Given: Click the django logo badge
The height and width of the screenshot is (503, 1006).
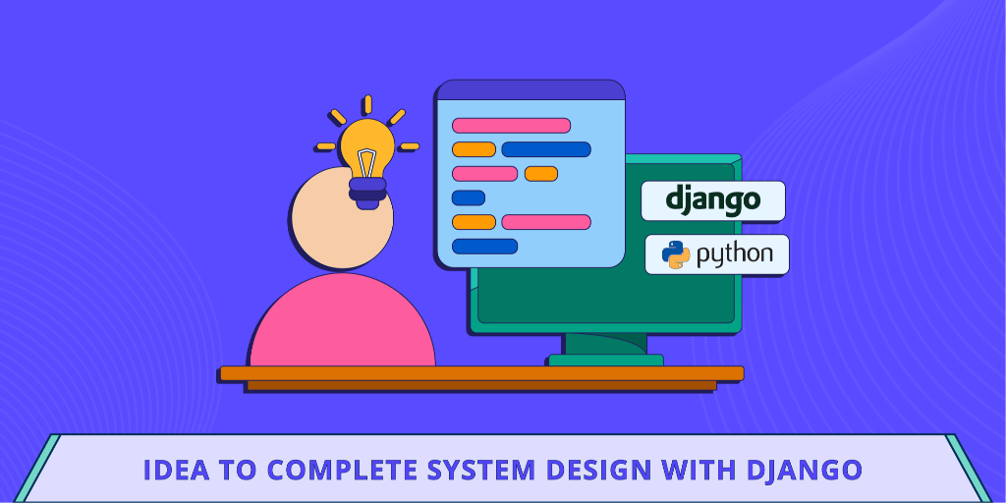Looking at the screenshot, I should [712, 200].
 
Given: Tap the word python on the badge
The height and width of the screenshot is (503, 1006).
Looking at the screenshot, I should [734, 255].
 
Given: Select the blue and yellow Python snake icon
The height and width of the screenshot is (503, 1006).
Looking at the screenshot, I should [676, 254].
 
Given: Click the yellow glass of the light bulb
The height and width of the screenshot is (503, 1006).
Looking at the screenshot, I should [366, 147].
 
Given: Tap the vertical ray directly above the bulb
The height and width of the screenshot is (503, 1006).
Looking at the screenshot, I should [366, 104].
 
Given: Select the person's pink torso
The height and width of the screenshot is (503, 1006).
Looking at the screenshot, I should [341, 324].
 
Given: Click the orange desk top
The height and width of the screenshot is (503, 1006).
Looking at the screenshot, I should [481, 373].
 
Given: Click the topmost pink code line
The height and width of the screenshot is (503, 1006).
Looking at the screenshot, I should [511, 125].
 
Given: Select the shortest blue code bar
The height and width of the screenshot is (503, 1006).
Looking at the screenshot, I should [469, 197].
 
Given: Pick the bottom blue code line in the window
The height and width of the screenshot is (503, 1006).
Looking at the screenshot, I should [484, 246].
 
